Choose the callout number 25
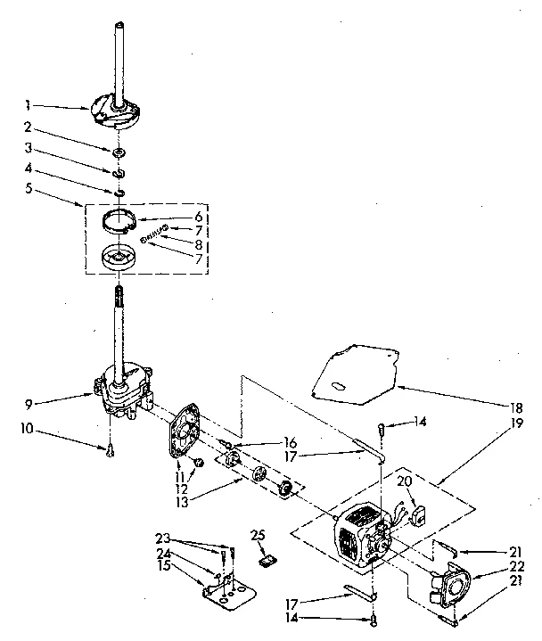click(x=259, y=535)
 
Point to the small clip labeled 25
click(x=264, y=561)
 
